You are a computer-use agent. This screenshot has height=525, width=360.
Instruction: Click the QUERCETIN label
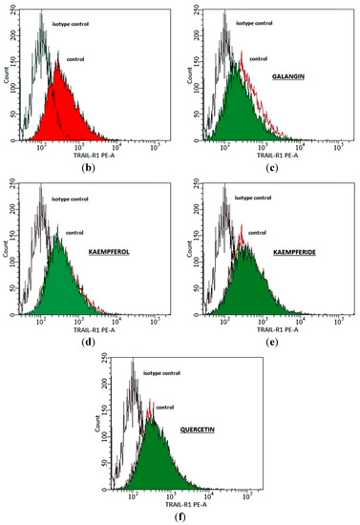[195, 430]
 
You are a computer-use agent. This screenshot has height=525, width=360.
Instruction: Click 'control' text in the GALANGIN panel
[258, 58]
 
